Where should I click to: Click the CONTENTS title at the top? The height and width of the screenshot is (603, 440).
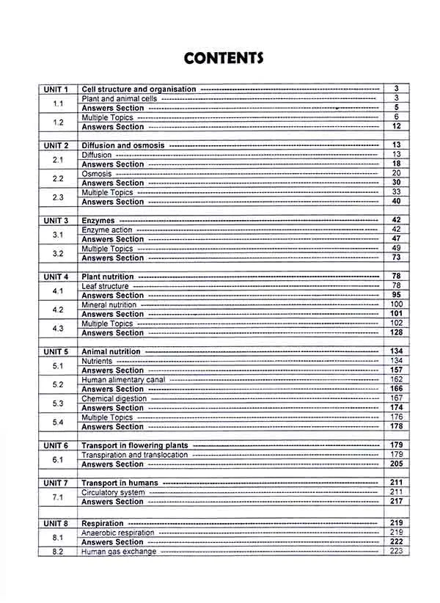tap(224, 58)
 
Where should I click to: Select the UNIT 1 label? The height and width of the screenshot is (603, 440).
tap(56, 89)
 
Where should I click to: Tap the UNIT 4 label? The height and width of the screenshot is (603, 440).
tap(56, 277)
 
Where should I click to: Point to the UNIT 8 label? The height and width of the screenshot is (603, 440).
tap(56, 523)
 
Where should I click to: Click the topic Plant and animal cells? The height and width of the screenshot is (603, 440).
tap(118, 98)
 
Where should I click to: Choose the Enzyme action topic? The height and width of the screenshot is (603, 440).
tap(107, 230)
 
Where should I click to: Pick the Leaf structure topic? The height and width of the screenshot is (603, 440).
tap(105, 286)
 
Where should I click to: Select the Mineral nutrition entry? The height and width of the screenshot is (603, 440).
tap(109, 304)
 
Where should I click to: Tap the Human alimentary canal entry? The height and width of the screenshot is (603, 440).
tap(123, 380)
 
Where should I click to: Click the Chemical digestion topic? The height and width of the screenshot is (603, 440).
tap(114, 398)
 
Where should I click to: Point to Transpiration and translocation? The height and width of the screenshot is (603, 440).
tap(134, 455)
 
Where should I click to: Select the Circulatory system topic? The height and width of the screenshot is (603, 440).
tap(112, 492)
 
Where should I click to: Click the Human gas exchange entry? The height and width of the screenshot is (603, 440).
tap(118, 551)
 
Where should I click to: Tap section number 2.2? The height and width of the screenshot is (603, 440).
tap(58, 178)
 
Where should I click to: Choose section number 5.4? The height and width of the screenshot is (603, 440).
tap(58, 422)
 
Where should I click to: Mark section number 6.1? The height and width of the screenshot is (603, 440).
tap(58, 459)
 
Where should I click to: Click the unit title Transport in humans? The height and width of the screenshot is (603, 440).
tap(120, 483)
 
